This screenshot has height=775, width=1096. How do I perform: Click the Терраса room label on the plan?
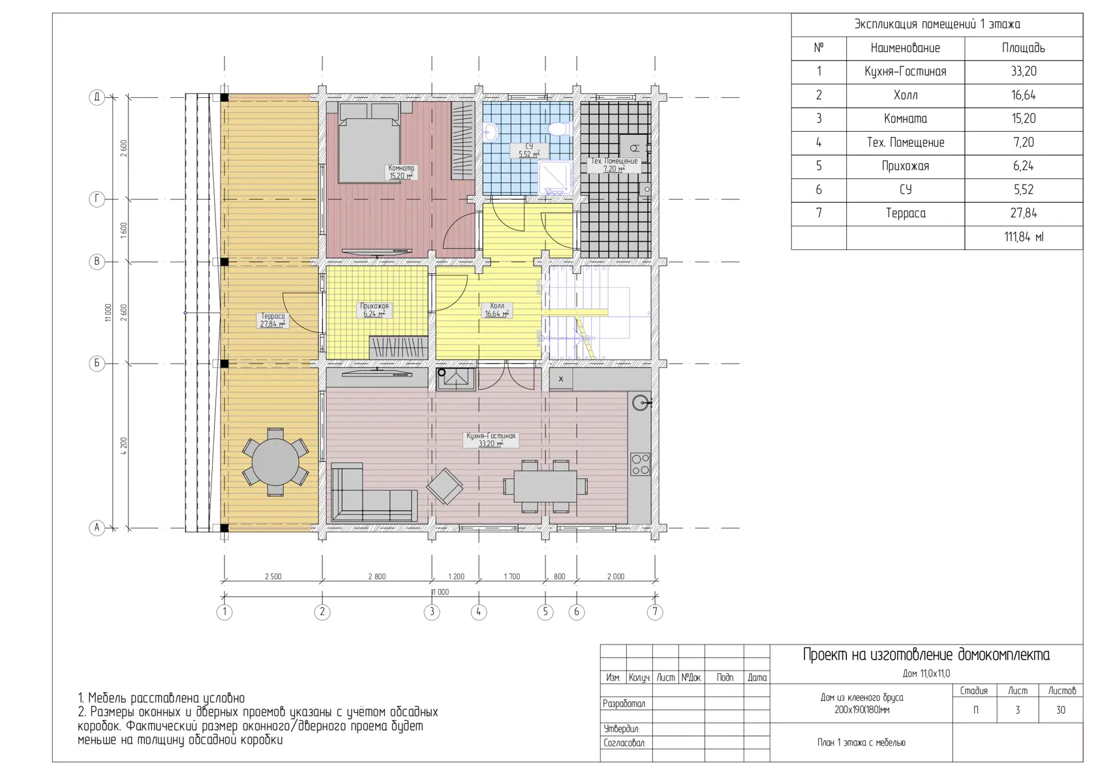point(273,320)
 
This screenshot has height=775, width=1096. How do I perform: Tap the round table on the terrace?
point(275,462)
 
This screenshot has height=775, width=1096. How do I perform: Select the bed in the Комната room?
point(370,142)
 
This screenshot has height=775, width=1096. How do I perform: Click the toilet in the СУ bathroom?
point(558,130)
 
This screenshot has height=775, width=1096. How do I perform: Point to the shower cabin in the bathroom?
point(555,177)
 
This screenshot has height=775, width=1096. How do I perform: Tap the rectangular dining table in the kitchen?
point(545,487)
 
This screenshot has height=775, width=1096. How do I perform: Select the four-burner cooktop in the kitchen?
point(640,464)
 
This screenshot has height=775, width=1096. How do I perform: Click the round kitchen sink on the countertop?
point(639,403)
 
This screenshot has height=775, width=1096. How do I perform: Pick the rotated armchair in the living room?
point(444,487)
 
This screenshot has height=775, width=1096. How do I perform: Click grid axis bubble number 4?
point(479,612)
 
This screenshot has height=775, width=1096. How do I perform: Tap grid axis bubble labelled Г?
point(97,199)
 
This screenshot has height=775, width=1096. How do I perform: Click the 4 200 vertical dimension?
point(124,446)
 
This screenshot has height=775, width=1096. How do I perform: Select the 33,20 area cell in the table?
point(1024,72)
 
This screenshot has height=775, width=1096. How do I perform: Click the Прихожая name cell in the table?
point(906,166)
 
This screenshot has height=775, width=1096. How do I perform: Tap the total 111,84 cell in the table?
point(1024,237)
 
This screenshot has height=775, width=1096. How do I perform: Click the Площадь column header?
point(1024,48)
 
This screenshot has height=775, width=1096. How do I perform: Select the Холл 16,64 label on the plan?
point(496,310)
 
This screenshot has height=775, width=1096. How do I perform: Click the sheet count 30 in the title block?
point(1060,710)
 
